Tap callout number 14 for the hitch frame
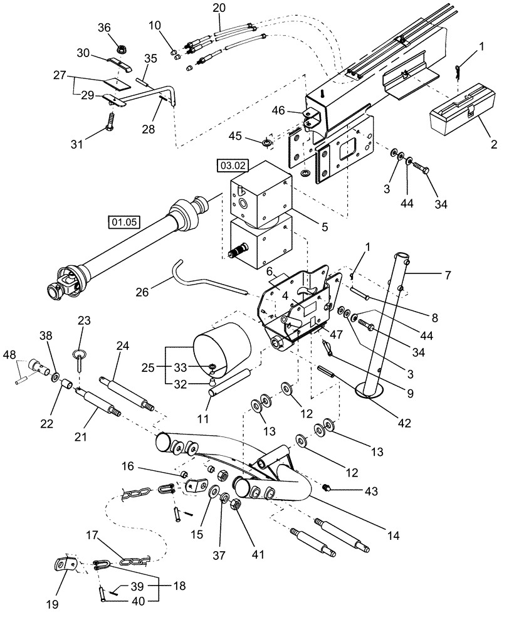pyautogui.click(x=393, y=536)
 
